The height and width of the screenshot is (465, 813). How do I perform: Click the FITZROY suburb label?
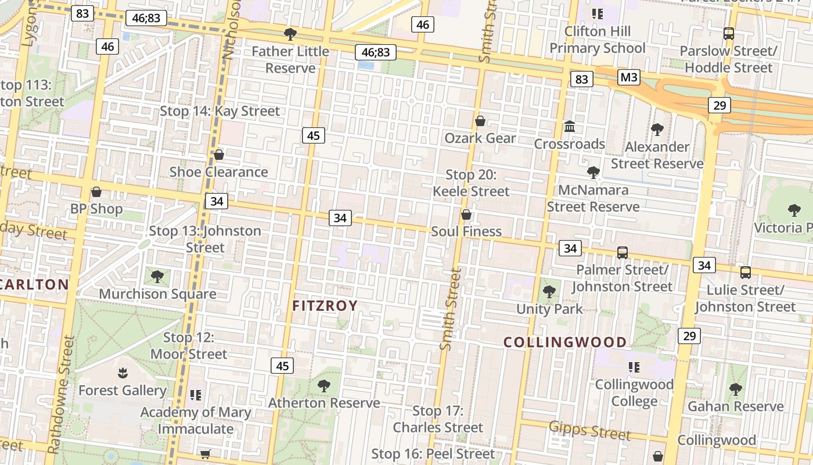click(x=325, y=306)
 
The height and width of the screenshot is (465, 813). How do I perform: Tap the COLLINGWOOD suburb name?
click(x=565, y=342)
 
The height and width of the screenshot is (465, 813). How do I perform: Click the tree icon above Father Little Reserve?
click(x=290, y=34)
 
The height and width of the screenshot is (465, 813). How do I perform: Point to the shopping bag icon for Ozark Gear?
click(x=480, y=121)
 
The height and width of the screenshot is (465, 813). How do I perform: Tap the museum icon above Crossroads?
click(x=570, y=126)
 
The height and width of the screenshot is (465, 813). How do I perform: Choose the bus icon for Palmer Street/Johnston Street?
click(x=623, y=252)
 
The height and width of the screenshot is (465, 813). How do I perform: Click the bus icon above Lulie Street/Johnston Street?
click(x=746, y=272)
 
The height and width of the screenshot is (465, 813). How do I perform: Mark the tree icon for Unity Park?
click(x=549, y=292)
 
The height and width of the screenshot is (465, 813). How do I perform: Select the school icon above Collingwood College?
click(x=634, y=367)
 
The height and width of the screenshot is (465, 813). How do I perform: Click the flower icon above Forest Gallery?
click(x=122, y=373)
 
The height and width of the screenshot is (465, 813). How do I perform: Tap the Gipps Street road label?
click(x=589, y=430)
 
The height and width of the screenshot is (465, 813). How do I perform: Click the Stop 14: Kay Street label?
click(x=220, y=111)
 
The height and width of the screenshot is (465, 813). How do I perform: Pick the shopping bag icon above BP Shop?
click(x=96, y=192)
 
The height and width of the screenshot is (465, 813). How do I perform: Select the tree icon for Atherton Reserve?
click(x=323, y=385)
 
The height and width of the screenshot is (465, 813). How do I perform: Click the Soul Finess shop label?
click(x=466, y=231)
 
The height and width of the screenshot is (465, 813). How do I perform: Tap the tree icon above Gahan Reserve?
click(x=735, y=389)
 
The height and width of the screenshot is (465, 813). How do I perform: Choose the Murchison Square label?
click(x=157, y=294)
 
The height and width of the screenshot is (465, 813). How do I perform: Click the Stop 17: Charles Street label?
click(x=438, y=419)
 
